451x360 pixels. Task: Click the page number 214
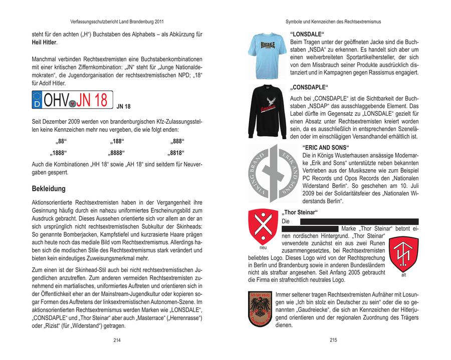click(117, 340)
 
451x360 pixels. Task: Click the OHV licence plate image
click(72, 100)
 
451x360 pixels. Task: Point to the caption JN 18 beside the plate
click(123, 107)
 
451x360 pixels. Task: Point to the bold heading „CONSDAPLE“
click(309, 86)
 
